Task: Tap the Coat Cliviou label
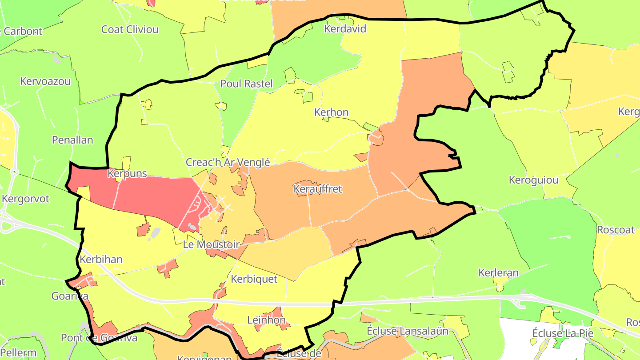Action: tap(130, 30)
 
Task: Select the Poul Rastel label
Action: tap(246, 84)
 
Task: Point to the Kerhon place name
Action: tap(331, 112)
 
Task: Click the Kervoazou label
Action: tap(45, 81)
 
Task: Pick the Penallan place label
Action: tap(72, 140)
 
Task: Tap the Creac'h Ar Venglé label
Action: tap(228, 162)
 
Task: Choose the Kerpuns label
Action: tap(127, 173)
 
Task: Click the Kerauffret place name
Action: tap(318, 189)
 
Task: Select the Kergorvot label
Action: tap(26, 199)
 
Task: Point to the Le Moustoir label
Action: tap(211, 244)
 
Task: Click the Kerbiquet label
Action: tap(254, 279)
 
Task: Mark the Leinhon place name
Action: tap(266, 320)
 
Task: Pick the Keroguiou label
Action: tap(533, 180)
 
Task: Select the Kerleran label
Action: tap(498, 272)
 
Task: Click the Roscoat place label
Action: tap(616, 230)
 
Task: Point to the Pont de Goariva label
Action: tap(99, 338)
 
